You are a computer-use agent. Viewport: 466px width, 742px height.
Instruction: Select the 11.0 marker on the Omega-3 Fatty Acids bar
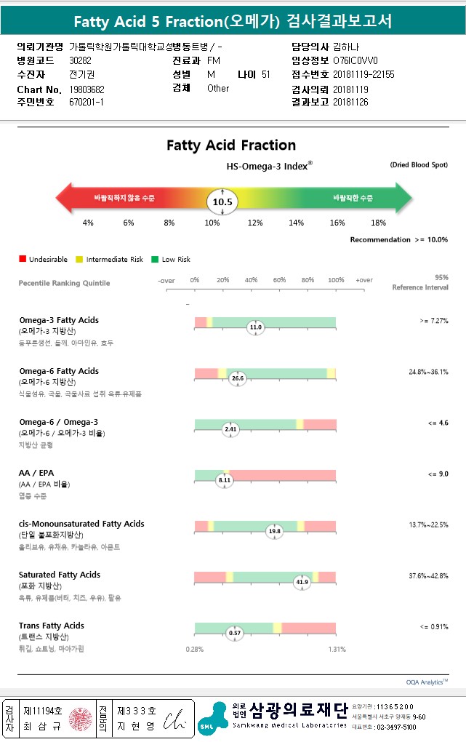[255, 327]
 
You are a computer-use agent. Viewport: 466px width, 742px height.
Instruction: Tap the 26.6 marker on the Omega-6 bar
[238, 378]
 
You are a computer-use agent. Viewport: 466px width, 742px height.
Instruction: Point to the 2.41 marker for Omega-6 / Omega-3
[230, 429]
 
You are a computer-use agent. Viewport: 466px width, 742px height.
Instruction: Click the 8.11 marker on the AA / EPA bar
[225, 480]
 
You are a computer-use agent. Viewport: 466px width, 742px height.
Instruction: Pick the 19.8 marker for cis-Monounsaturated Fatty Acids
[274, 531]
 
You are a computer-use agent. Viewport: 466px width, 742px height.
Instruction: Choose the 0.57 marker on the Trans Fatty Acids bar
[235, 633]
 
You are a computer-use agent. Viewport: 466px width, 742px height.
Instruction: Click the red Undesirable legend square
[23, 259]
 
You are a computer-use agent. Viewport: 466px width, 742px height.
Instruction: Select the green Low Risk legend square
[155, 259]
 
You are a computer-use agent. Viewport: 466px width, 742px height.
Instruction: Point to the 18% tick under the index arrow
[378, 223]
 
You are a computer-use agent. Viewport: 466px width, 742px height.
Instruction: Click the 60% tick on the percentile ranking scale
[279, 280]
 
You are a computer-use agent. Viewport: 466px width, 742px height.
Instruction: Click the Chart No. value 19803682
[87, 89]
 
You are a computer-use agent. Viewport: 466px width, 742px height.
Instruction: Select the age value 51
[265, 74]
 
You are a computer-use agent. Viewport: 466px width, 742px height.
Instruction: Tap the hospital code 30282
[80, 60]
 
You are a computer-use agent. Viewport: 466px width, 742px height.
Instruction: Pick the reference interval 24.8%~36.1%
[428, 372]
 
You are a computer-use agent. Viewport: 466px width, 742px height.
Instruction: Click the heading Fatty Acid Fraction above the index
[231, 145]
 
